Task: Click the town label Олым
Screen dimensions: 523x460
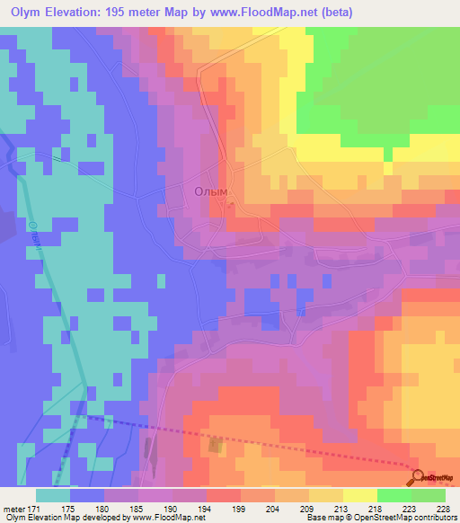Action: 212,191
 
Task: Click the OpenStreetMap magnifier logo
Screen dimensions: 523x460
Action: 420,477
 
